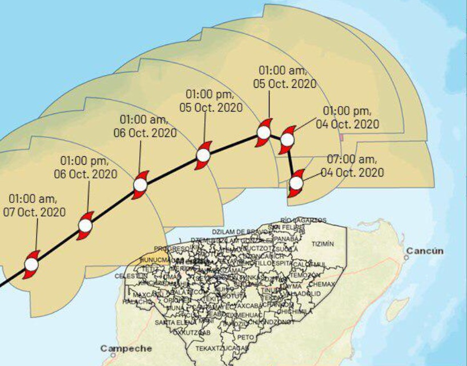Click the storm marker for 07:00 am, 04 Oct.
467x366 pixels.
pos(296,184)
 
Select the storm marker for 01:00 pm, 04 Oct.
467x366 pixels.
pos(287,140)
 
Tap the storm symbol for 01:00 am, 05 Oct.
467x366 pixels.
pos(263,133)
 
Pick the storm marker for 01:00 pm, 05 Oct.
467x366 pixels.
pos(203,155)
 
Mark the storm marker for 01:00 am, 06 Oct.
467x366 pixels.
pos(140,185)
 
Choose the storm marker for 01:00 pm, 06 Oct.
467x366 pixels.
pos(85,226)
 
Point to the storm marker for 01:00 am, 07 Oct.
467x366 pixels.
pos(31,265)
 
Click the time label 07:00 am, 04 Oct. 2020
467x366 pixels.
pos(352,165)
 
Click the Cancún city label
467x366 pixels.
pos(425,250)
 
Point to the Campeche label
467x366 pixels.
pos(126,348)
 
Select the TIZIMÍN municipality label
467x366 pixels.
pos(323,244)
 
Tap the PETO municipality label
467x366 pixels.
pos(245,337)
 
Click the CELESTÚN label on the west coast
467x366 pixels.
pos(127,276)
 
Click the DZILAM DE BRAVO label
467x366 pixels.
pos(240,232)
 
